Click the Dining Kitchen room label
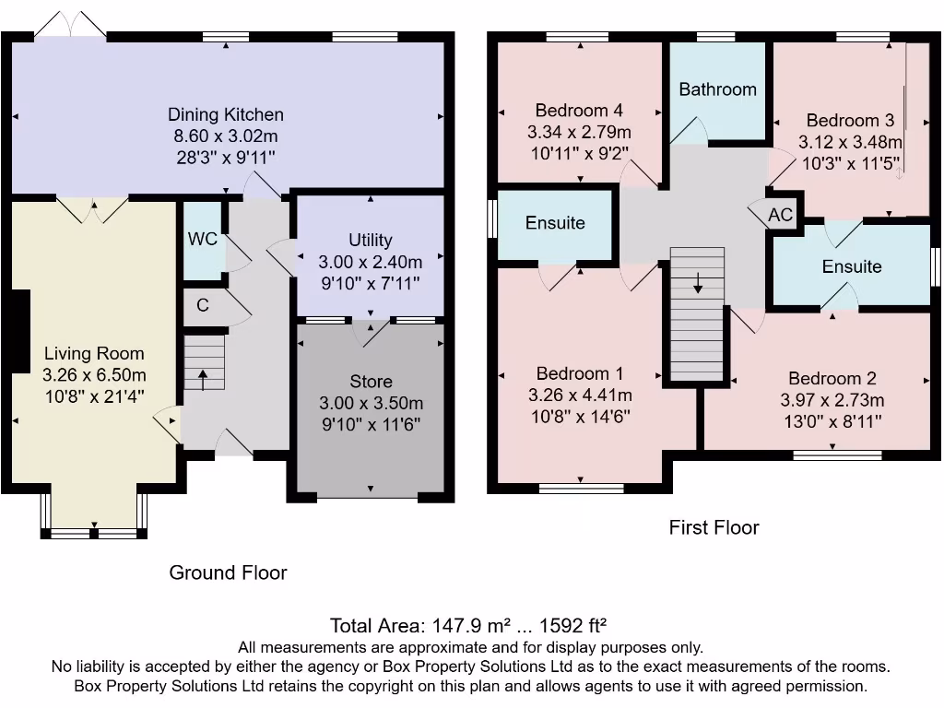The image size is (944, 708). [x=225, y=114]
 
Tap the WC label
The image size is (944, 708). [x=202, y=239]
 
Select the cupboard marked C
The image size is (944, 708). [x=202, y=305]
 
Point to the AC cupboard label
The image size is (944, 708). [x=780, y=214]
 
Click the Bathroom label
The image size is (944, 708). [x=717, y=89]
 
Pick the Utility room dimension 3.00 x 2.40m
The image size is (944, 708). [x=371, y=262]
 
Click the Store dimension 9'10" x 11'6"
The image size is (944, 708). [x=371, y=424]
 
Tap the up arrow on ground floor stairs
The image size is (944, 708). [x=203, y=380]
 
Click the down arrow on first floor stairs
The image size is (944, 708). [x=697, y=282]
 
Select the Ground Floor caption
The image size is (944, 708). [x=229, y=572]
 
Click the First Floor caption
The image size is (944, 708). [x=714, y=527]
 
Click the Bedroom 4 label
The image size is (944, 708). [x=579, y=111]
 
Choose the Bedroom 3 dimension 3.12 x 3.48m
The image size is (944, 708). [x=850, y=142]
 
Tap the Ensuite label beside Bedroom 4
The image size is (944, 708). [x=555, y=223]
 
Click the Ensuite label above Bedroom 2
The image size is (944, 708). [x=852, y=266]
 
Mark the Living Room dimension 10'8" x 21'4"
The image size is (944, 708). [x=95, y=396]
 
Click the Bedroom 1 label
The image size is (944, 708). [x=580, y=373]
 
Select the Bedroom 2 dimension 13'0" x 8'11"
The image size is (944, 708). [x=832, y=421]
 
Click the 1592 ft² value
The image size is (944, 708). [x=572, y=626]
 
